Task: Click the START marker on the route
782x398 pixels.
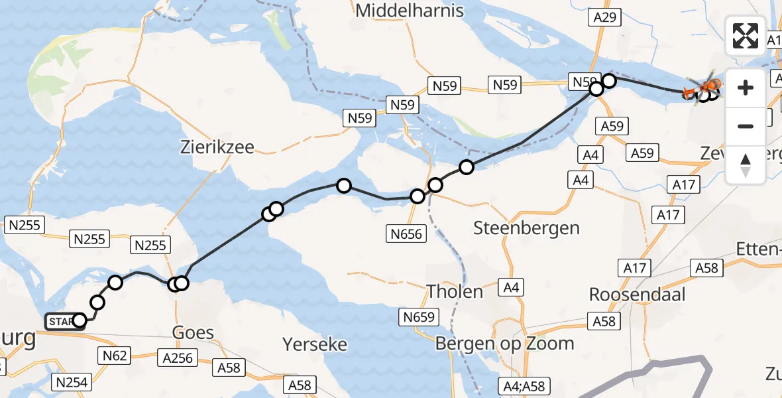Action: coord(61,322)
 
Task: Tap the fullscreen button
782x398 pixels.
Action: coord(746,36)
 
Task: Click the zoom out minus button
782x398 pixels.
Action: coord(746,126)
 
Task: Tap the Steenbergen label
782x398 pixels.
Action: coord(526,228)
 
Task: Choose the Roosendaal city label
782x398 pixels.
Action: coord(637,294)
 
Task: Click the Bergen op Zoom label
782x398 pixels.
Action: coord(504,344)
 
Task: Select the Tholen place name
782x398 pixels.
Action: coord(455,291)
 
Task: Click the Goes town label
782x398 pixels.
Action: coord(193,332)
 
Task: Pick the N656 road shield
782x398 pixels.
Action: coord(406,233)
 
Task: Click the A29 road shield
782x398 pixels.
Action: coord(605,18)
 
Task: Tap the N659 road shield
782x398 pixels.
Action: coord(419,317)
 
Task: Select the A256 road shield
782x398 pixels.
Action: coord(177,358)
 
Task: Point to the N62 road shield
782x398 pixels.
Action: coord(114,356)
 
